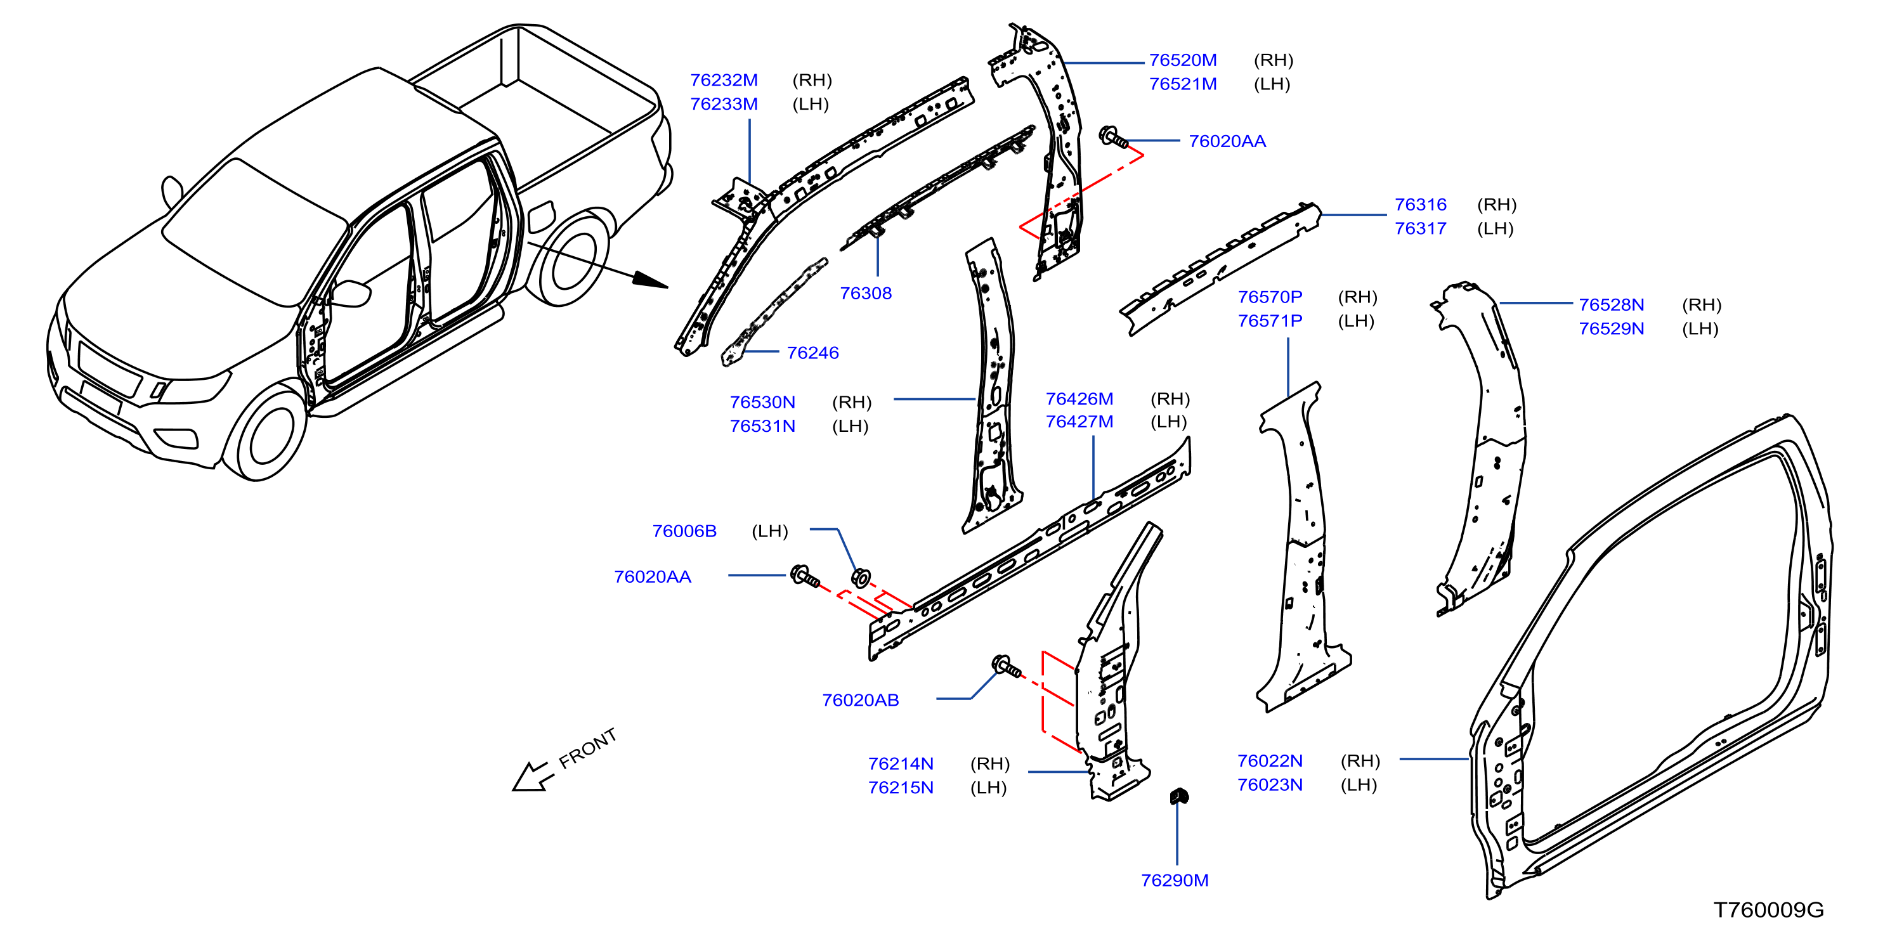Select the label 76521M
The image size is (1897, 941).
1183,84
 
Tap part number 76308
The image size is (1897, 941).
865,293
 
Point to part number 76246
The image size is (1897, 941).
812,353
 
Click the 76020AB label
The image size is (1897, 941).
860,700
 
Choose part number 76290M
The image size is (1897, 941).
1175,880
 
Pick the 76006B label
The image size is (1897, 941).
684,531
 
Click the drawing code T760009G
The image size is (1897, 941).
1768,910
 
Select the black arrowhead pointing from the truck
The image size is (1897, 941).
649,280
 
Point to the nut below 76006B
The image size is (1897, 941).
860,578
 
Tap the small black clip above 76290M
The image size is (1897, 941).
1179,795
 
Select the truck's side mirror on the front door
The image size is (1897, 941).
352,293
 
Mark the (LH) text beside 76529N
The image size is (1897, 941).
1700,328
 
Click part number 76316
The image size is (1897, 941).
1421,205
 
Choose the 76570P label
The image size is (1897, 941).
1270,297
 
